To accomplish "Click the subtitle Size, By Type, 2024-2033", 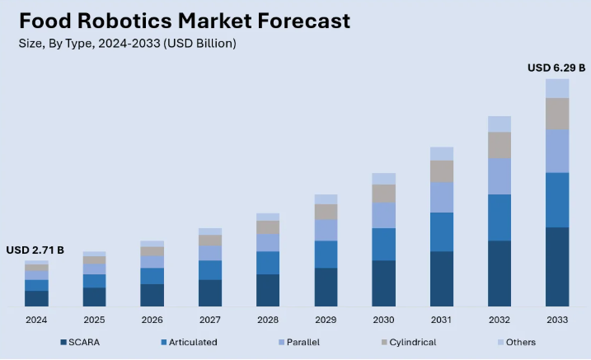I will point(128,44).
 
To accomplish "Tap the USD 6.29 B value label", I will point(556,68).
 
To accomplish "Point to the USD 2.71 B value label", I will point(35,250).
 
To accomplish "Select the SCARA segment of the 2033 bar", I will point(557,266).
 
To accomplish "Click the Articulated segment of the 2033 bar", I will point(557,199).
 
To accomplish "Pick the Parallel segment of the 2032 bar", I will point(500,175).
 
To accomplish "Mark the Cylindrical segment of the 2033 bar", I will point(557,113).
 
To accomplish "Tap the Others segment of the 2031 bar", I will point(442,153).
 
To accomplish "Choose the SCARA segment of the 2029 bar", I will point(326,287).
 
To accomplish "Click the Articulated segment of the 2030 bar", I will point(384,244).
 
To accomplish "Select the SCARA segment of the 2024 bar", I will point(36,298).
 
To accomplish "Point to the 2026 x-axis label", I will point(152,320).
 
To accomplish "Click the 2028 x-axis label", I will point(268,320).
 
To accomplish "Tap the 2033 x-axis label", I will point(557,320).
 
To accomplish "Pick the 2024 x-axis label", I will point(36,320).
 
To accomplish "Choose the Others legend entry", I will point(516,342).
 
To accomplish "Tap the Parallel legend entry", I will point(298,342).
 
